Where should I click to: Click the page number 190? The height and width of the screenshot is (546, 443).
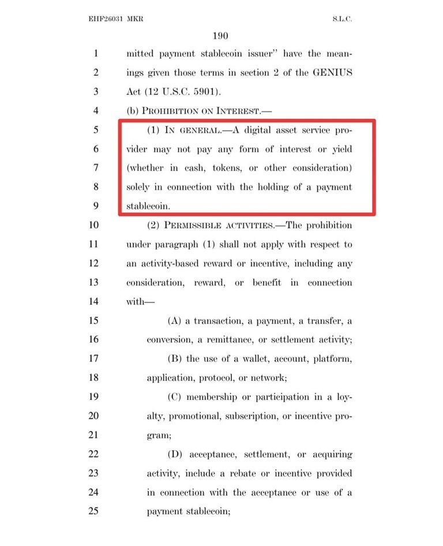click(221, 36)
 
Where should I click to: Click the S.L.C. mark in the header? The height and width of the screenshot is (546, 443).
click(342, 19)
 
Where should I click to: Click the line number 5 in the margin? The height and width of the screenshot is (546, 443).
click(96, 130)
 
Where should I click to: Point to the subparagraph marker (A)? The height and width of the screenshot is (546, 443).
click(175, 320)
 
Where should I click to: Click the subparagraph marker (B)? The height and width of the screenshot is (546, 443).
click(175, 358)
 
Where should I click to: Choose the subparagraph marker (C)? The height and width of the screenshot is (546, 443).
click(175, 397)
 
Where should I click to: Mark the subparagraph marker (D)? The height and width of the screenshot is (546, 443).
click(175, 454)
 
